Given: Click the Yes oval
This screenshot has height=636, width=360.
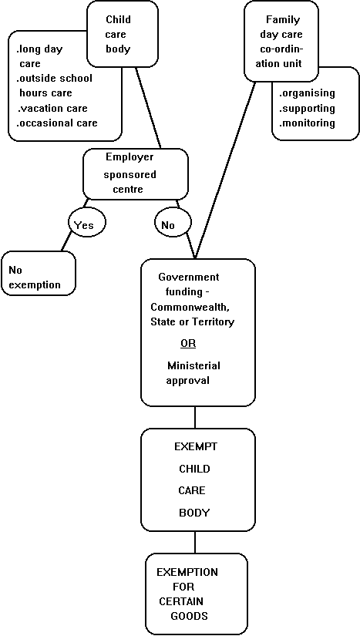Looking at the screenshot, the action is [86, 223].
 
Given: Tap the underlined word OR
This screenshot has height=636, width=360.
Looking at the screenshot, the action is [188, 344].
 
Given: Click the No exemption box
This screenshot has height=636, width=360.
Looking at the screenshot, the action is [39, 273].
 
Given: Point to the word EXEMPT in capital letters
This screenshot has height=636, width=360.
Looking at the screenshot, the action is [196, 446].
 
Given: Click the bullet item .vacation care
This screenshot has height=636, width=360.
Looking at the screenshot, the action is [52, 108].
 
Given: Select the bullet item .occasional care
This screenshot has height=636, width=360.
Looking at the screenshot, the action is [57, 123].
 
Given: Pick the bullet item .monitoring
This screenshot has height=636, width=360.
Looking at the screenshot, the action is [308, 123].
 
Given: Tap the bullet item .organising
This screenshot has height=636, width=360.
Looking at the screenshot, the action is [308, 93].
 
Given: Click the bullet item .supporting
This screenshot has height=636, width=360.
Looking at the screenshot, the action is [308, 108].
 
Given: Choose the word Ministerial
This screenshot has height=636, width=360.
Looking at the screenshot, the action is [193, 365].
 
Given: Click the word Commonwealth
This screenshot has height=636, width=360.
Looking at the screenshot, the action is [190, 307].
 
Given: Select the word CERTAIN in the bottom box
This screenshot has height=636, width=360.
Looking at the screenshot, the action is [181, 601].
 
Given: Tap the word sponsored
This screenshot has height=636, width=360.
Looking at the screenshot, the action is [130, 175].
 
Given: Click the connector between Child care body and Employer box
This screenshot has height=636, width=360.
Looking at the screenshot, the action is [148, 108].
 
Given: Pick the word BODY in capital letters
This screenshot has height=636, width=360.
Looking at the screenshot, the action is [194, 513].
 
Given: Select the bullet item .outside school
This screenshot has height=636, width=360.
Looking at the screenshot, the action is [54, 78].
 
